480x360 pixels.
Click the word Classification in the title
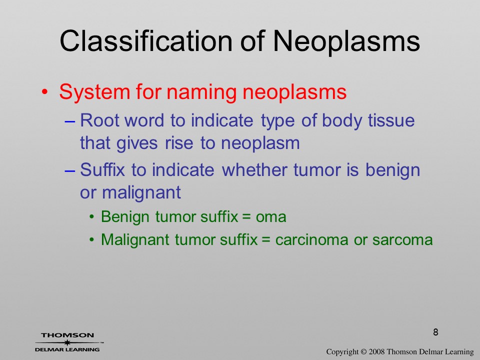click(x=146, y=40)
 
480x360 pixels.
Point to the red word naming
click(x=201, y=92)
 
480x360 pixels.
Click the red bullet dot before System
click(x=44, y=92)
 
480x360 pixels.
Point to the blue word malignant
click(x=141, y=193)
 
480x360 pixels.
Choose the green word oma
click(x=271, y=217)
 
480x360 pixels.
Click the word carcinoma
click(x=311, y=239)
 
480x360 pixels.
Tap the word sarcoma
click(x=402, y=239)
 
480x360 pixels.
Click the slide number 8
click(x=435, y=332)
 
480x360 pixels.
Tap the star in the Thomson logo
click(x=67, y=342)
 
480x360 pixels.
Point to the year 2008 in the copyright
click(x=376, y=351)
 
